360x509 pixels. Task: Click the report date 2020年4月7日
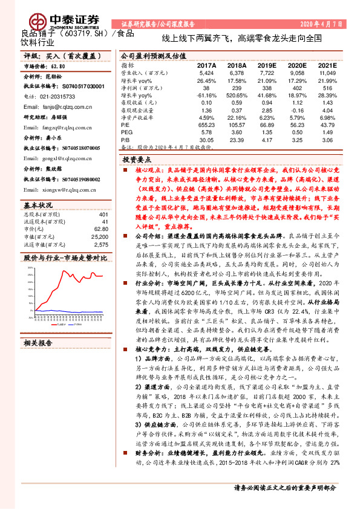pyautogui.click(x=326, y=23)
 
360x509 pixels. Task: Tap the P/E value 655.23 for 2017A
pyautogui.click(x=206, y=123)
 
